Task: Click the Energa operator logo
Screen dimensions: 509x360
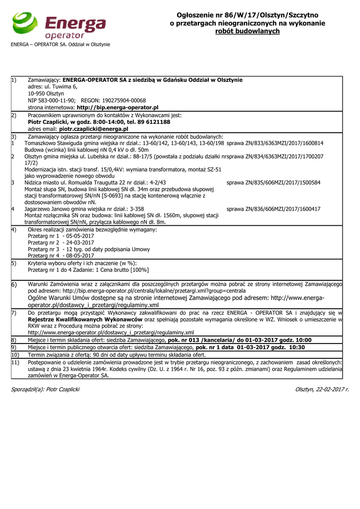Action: [59, 25]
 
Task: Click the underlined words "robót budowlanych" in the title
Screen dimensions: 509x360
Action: [247, 31]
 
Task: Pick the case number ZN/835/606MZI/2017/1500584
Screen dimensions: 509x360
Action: [273, 183]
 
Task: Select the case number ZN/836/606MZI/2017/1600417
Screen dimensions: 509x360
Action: [273, 209]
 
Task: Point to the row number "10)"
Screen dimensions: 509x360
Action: [15, 355]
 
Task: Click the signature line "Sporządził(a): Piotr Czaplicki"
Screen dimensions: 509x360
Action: [45, 389]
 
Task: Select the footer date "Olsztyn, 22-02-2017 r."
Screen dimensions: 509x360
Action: [322, 389]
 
